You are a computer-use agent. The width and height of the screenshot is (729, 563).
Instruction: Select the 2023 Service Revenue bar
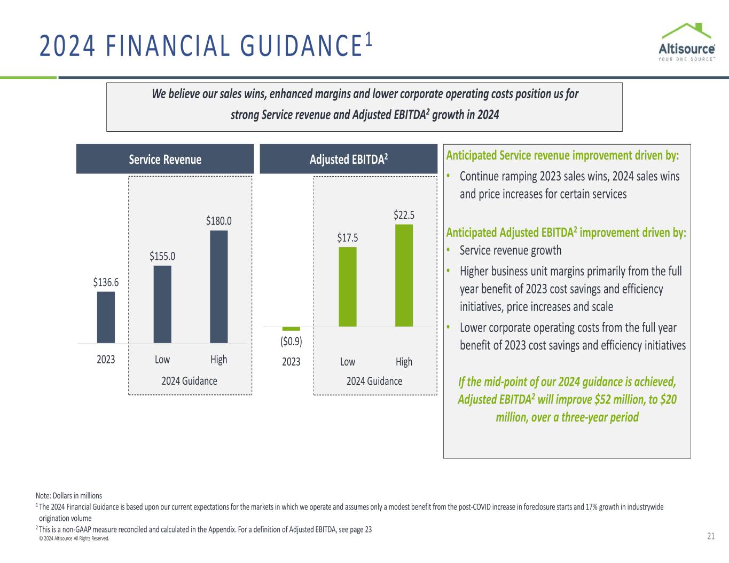pyautogui.click(x=106, y=317)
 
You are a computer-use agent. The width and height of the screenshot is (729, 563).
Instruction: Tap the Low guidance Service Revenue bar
pyautogui.click(x=162, y=304)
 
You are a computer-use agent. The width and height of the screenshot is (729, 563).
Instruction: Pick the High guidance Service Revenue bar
pyautogui.click(x=219, y=287)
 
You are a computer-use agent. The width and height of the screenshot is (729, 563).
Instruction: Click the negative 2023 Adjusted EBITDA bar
pyautogui.click(x=291, y=328)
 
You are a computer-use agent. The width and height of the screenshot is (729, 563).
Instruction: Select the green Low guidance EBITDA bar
pyautogui.click(x=348, y=287)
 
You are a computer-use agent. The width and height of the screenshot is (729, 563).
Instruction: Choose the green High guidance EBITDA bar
pyautogui.click(x=404, y=275)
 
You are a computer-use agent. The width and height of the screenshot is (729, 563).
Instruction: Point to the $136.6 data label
pyautogui.click(x=106, y=282)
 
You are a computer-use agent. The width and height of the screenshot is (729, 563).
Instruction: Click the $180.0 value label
pyautogui.click(x=219, y=220)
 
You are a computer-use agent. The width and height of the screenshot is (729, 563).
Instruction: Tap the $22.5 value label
pyautogui.click(x=404, y=215)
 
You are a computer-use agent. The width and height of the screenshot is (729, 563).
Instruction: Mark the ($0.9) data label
pyautogui.click(x=291, y=340)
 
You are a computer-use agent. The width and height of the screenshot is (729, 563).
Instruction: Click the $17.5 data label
pyautogui.click(x=348, y=237)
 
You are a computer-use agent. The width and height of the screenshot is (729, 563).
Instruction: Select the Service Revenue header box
pyautogui.click(x=165, y=159)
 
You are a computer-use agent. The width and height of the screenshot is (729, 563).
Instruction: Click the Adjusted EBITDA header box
pyautogui.click(x=348, y=159)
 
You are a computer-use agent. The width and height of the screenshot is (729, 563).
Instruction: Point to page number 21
pyautogui.click(x=710, y=537)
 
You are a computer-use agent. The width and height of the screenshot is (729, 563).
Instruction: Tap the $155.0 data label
pyautogui.click(x=162, y=256)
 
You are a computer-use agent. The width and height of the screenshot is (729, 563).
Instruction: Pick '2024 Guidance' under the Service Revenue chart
pyautogui.click(x=190, y=380)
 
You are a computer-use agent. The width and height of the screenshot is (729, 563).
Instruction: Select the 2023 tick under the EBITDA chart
pyautogui.click(x=291, y=361)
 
